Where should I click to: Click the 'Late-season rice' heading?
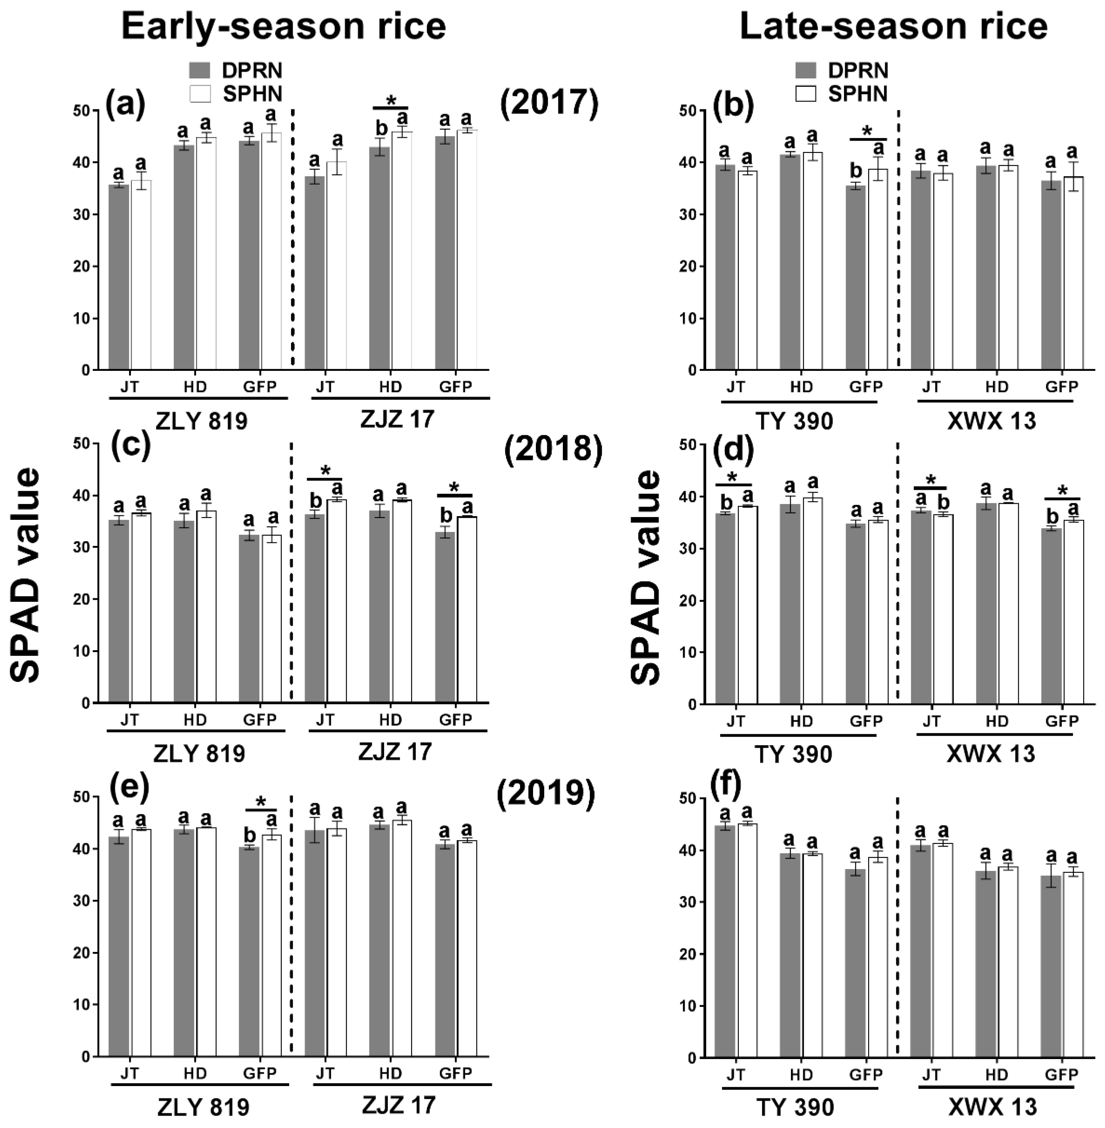tap(894, 26)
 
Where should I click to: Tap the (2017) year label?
tap(549, 105)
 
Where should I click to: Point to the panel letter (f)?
tap(726, 785)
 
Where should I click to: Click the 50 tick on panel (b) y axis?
tap(690, 111)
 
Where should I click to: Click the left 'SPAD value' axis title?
tap(26, 575)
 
